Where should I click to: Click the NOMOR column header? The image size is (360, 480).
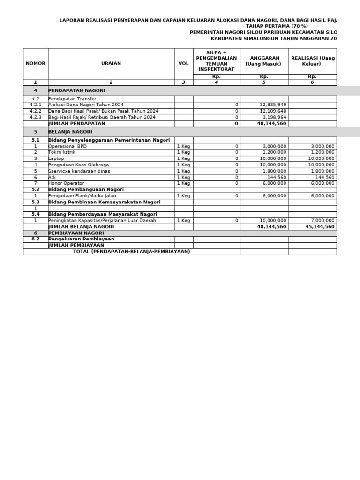tap(36, 63)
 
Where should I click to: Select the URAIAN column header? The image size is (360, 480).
tap(111, 63)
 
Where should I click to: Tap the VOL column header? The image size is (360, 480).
tap(183, 63)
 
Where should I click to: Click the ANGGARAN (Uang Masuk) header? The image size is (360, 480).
tap(264, 61)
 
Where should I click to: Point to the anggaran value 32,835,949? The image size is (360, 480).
tap(273, 105)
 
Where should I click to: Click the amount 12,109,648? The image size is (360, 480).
tap(273, 111)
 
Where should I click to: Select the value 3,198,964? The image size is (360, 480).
tap(275, 117)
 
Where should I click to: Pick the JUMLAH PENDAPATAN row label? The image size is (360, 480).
tap(77, 123)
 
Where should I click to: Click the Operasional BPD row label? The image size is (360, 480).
tap(67, 146)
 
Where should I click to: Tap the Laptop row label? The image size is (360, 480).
tap(56, 158)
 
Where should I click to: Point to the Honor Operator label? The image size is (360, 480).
tap(66, 183)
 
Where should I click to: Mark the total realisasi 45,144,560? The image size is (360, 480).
tap(320, 226)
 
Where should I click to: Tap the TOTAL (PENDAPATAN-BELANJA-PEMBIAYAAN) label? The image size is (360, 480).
tap(131, 251)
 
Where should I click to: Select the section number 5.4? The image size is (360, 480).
tap(36, 214)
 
